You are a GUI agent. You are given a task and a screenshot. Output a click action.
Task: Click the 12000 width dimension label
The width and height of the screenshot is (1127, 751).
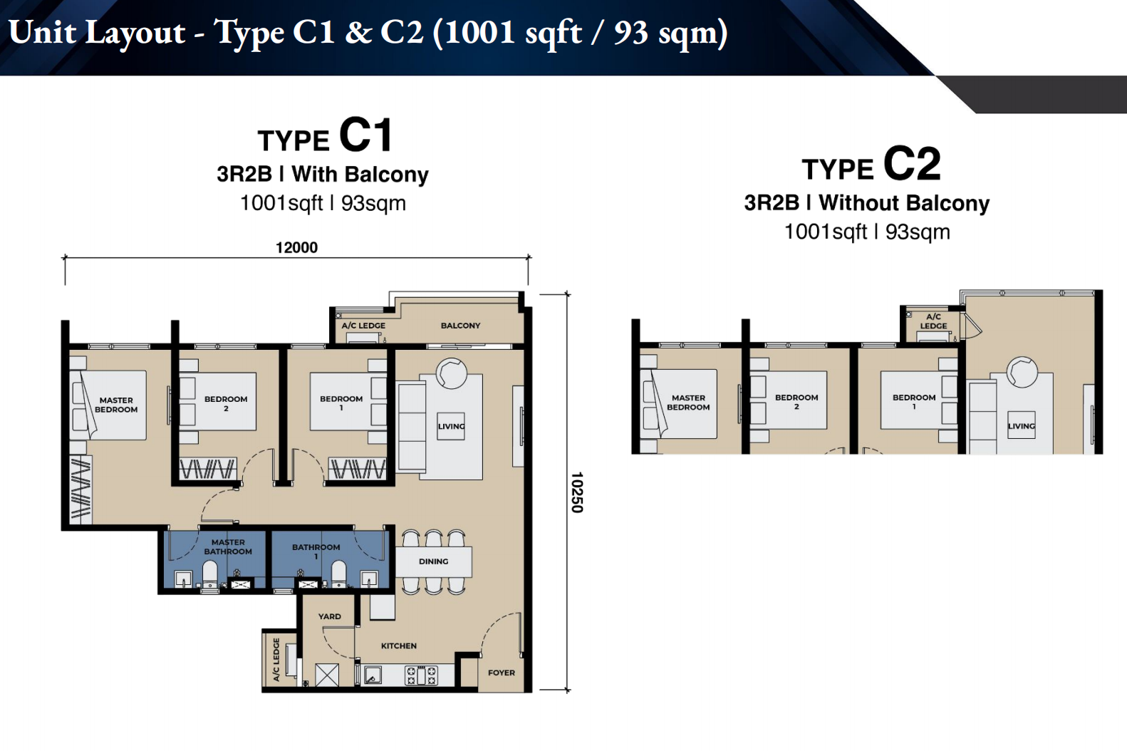(296, 248)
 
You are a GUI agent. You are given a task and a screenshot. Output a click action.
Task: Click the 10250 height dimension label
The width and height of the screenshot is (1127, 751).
(576, 492)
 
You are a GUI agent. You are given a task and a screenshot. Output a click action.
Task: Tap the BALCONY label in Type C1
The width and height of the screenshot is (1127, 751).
(460, 326)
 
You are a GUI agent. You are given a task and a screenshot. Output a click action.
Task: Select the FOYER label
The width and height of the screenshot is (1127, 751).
(501, 673)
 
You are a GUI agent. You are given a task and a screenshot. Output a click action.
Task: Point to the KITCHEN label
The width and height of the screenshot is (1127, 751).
(398, 646)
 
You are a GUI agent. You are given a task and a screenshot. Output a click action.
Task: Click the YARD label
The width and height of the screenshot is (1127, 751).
(330, 616)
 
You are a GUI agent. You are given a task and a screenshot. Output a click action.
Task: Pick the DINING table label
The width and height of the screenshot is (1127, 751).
(433, 561)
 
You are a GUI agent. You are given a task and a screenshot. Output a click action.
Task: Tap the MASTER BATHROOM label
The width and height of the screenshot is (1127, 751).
(228, 547)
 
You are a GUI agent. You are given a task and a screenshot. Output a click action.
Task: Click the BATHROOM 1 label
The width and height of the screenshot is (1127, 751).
(316, 551)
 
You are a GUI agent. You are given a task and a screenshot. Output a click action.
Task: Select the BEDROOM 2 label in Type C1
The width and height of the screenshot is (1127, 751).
(226, 404)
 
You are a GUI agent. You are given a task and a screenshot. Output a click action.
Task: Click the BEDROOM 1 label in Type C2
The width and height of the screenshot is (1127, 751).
(914, 402)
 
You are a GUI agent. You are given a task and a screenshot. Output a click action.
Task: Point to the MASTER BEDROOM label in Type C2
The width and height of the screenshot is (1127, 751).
(688, 402)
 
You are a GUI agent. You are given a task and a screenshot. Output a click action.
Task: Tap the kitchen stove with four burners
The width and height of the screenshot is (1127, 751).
(422, 675)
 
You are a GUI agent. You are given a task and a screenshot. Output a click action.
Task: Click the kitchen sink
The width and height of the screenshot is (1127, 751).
(373, 675)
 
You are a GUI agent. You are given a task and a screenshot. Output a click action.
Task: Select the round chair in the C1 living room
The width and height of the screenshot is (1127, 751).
(452, 373)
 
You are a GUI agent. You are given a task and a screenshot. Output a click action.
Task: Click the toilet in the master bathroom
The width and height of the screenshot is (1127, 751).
(210, 575)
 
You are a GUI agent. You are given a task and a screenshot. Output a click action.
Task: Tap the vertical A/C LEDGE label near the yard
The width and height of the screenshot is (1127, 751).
(276, 660)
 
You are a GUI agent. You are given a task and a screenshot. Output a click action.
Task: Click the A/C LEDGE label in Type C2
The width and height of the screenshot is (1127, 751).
(933, 321)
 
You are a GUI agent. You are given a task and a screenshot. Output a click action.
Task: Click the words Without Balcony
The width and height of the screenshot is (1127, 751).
(904, 203)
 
